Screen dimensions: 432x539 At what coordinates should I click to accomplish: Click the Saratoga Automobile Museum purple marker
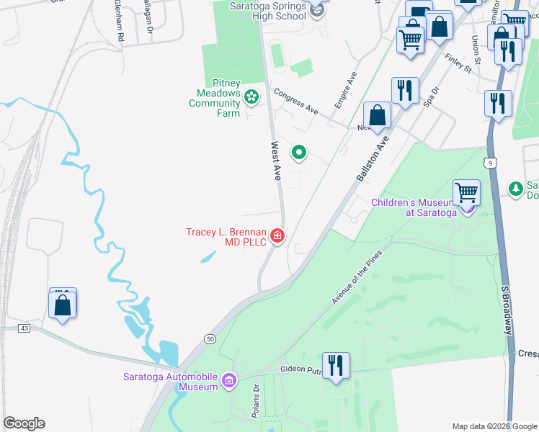pyautogui.click(x=229, y=380)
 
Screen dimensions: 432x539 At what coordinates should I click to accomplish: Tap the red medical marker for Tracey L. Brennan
pyautogui.click(x=277, y=236)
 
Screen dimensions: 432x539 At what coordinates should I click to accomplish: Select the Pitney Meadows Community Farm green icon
pyautogui.click(x=251, y=96)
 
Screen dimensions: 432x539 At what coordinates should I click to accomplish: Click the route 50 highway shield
pyautogui.click(x=210, y=338)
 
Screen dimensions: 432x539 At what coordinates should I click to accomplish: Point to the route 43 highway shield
pyautogui.click(x=24, y=328)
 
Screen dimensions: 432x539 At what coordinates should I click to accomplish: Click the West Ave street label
pyautogui.click(x=276, y=161)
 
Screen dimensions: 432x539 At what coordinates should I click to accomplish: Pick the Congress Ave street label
pyautogui.click(x=295, y=102)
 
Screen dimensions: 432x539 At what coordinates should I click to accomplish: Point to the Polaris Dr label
pyautogui.click(x=255, y=397)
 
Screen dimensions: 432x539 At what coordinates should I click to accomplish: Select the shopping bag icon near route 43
pyautogui.click(x=63, y=305)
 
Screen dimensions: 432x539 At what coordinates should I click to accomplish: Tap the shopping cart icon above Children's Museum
pyautogui.click(x=466, y=193)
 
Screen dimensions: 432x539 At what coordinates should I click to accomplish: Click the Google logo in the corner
pyautogui.click(x=24, y=423)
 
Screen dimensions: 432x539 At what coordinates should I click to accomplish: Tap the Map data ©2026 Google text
pyautogui.click(x=494, y=426)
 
